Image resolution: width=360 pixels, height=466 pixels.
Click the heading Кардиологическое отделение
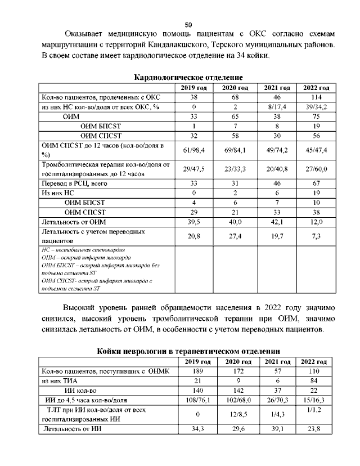pyautogui.click(x=188, y=77)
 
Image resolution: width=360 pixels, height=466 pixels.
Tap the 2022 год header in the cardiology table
pyautogui.click(x=316, y=88)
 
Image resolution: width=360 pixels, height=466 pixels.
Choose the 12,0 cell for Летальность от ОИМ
pyautogui.click(x=316, y=222)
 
